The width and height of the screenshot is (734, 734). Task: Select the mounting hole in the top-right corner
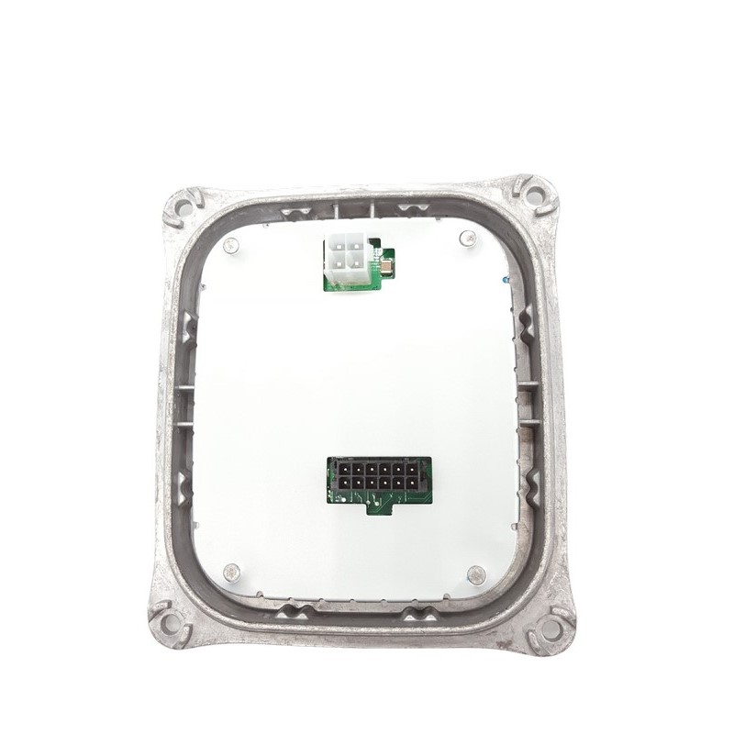pos(539,194)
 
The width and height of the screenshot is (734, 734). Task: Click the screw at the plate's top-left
pos(231,245)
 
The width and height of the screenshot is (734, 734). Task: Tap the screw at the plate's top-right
pos(466,239)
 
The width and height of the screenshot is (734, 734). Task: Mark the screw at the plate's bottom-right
pos(474,575)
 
